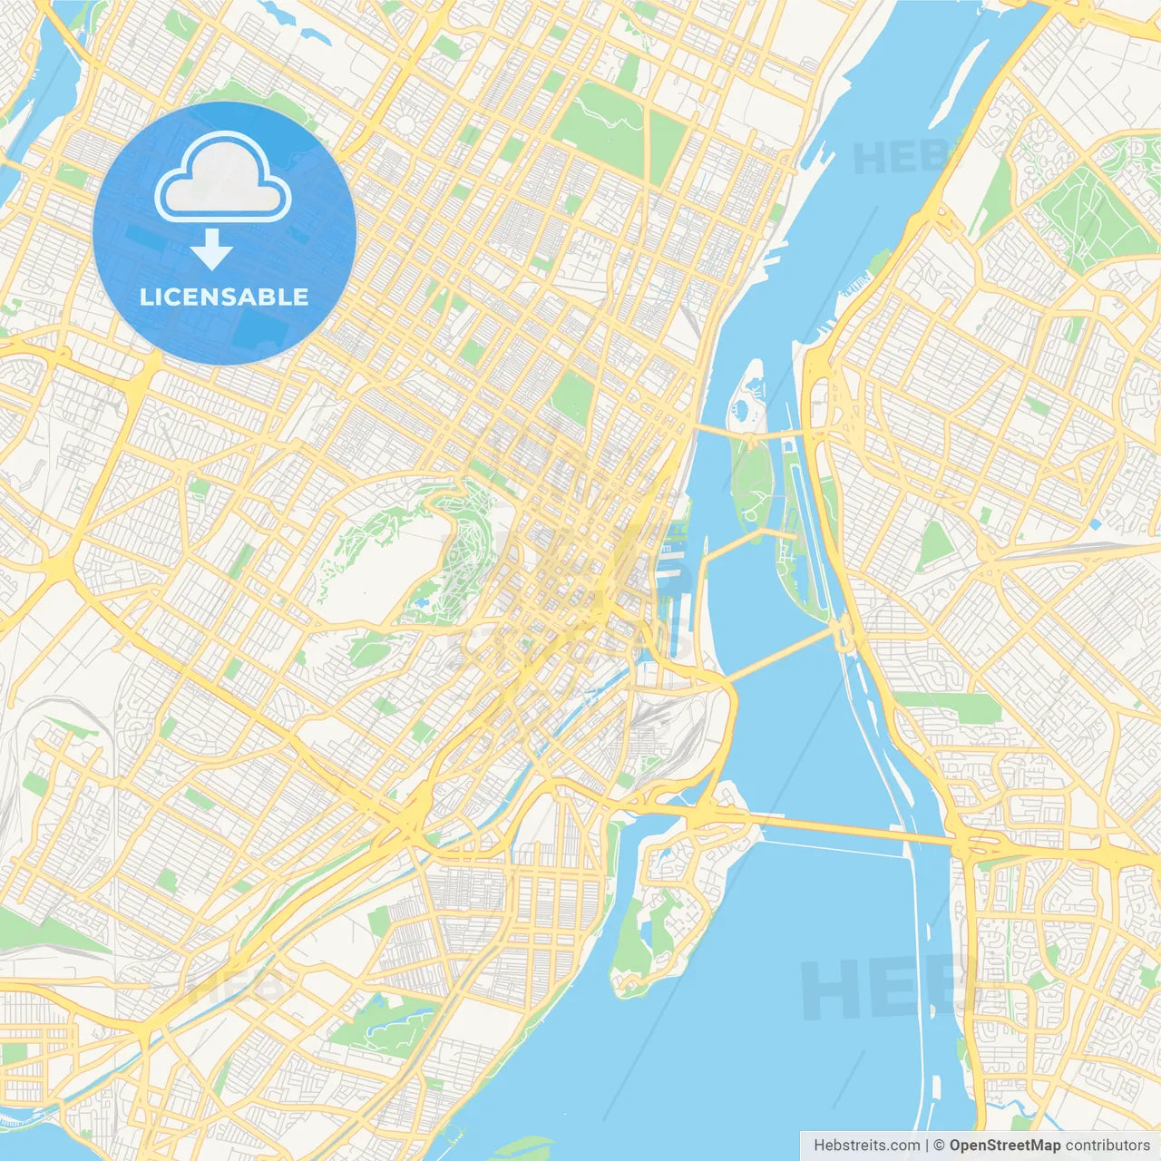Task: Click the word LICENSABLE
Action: coord(224,297)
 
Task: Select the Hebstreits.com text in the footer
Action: coord(867,1146)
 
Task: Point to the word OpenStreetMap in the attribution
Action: coord(1004,1146)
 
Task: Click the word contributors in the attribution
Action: coord(1107,1146)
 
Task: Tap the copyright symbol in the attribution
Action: coord(940,1146)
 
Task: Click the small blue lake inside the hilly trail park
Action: coord(421,600)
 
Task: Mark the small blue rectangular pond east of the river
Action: coord(1097,524)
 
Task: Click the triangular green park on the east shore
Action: coord(936,543)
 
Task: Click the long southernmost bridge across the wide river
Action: coord(844,828)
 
